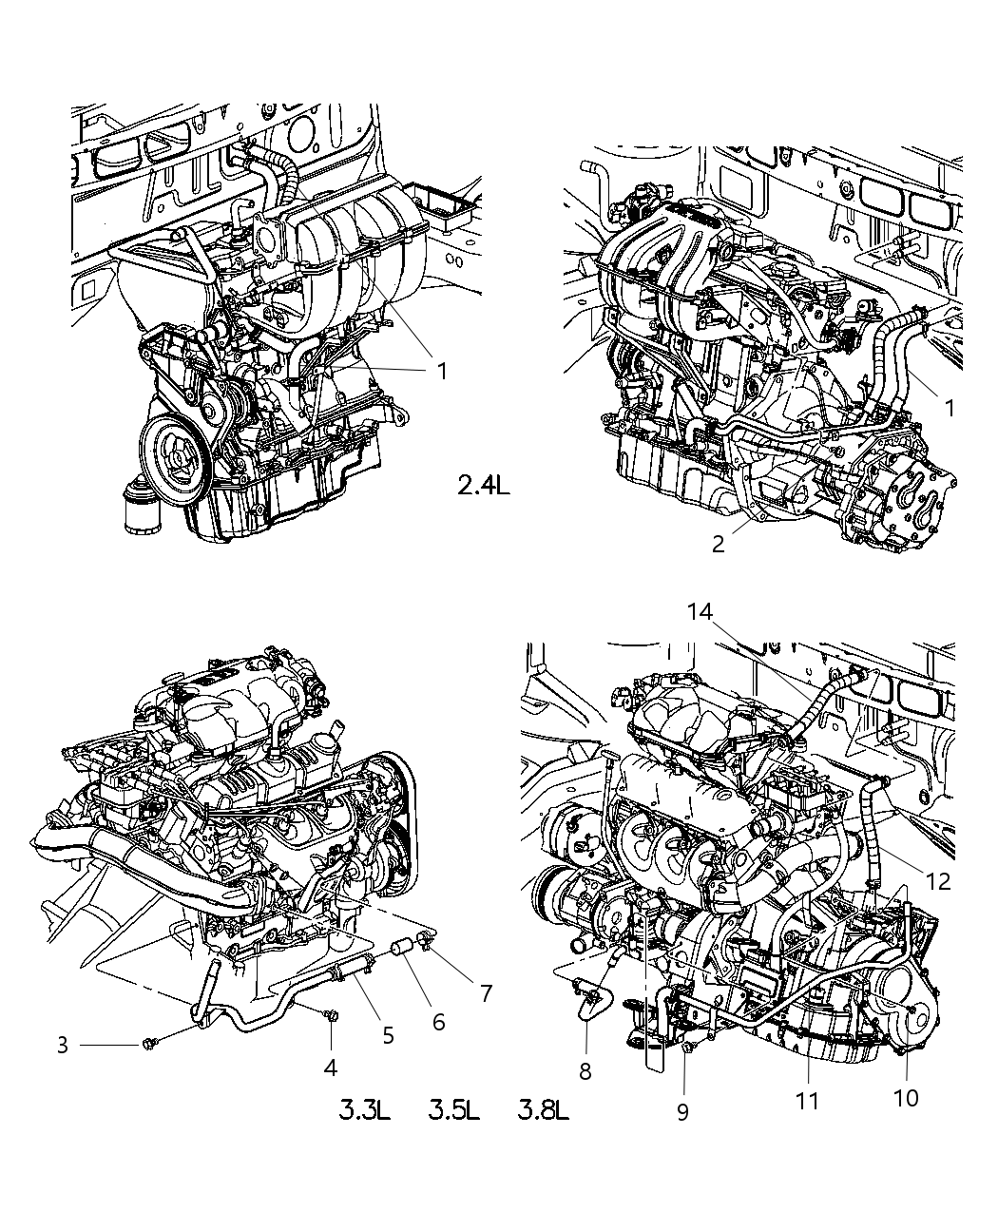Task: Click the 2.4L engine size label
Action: (483, 486)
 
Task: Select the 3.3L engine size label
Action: (365, 1109)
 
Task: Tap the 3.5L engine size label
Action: (453, 1109)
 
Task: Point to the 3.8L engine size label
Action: (544, 1109)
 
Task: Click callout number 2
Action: (719, 543)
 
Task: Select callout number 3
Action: (63, 1046)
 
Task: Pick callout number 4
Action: (330, 1068)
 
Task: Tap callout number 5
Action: (388, 1034)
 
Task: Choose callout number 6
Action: (438, 1021)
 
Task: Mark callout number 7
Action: (486, 993)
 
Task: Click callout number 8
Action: (585, 1071)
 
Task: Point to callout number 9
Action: (682, 1111)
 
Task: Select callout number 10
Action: (906, 1097)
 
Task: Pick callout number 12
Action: (937, 881)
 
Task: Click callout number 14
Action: (701, 612)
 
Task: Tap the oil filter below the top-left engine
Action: (144, 510)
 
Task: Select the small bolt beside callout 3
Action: (147, 1045)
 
